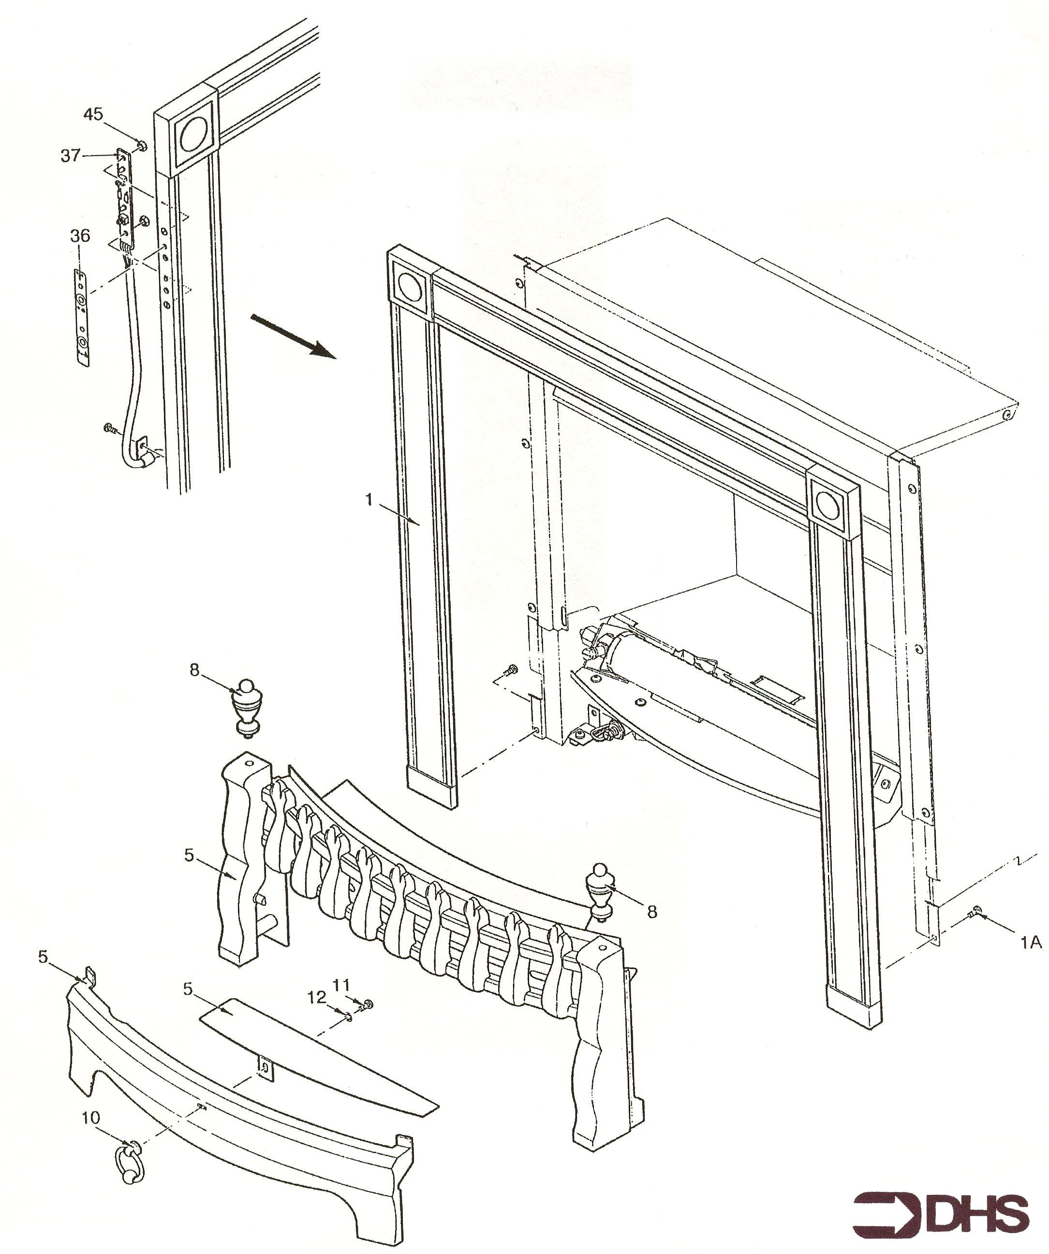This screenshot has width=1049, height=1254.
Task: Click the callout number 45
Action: click(92, 114)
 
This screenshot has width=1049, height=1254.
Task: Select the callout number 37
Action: click(70, 156)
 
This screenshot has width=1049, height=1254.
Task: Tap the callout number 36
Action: click(80, 236)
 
